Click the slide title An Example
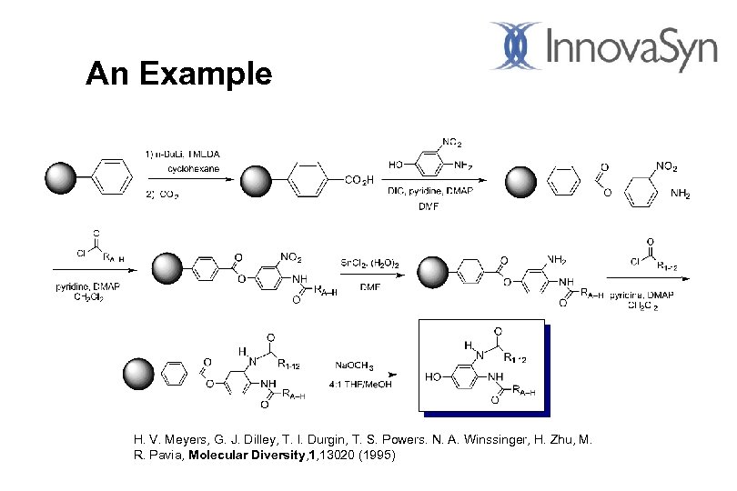tap(178, 74)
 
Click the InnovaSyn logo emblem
tap(517, 45)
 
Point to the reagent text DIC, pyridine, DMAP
tap(429, 189)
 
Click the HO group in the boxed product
tap(434, 376)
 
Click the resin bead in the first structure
tap(62, 177)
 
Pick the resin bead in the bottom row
tap(138, 374)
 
